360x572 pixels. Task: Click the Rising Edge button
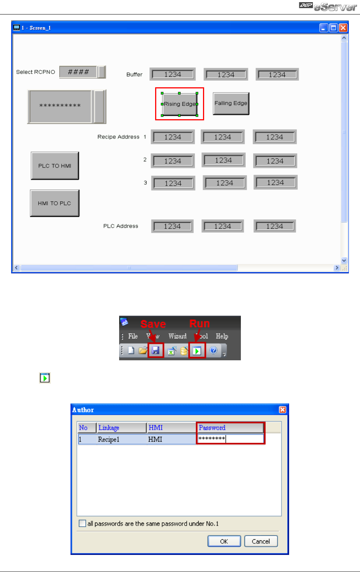click(180, 104)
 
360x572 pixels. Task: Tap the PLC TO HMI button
click(55, 166)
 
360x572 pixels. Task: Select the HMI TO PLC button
click(55, 203)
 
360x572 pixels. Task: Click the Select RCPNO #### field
click(79, 72)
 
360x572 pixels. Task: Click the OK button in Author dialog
click(224, 541)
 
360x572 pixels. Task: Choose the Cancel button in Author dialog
click(261, 541)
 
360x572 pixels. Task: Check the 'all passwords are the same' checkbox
click(82, 523)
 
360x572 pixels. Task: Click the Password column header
click(230, 428)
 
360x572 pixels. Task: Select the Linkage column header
click(121, 428)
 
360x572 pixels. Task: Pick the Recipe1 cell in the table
click(109, 439)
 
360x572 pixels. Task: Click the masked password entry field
click(230, 439)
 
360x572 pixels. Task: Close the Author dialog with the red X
click(282, 410)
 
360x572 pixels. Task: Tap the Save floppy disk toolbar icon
click(156, 350)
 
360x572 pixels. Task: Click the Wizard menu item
click(177, 336)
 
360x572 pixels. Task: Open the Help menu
click(222, 336)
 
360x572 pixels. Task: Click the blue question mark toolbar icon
click(213, 350)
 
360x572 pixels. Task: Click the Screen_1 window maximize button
click(333, 28)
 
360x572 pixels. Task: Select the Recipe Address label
click(118, 137)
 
